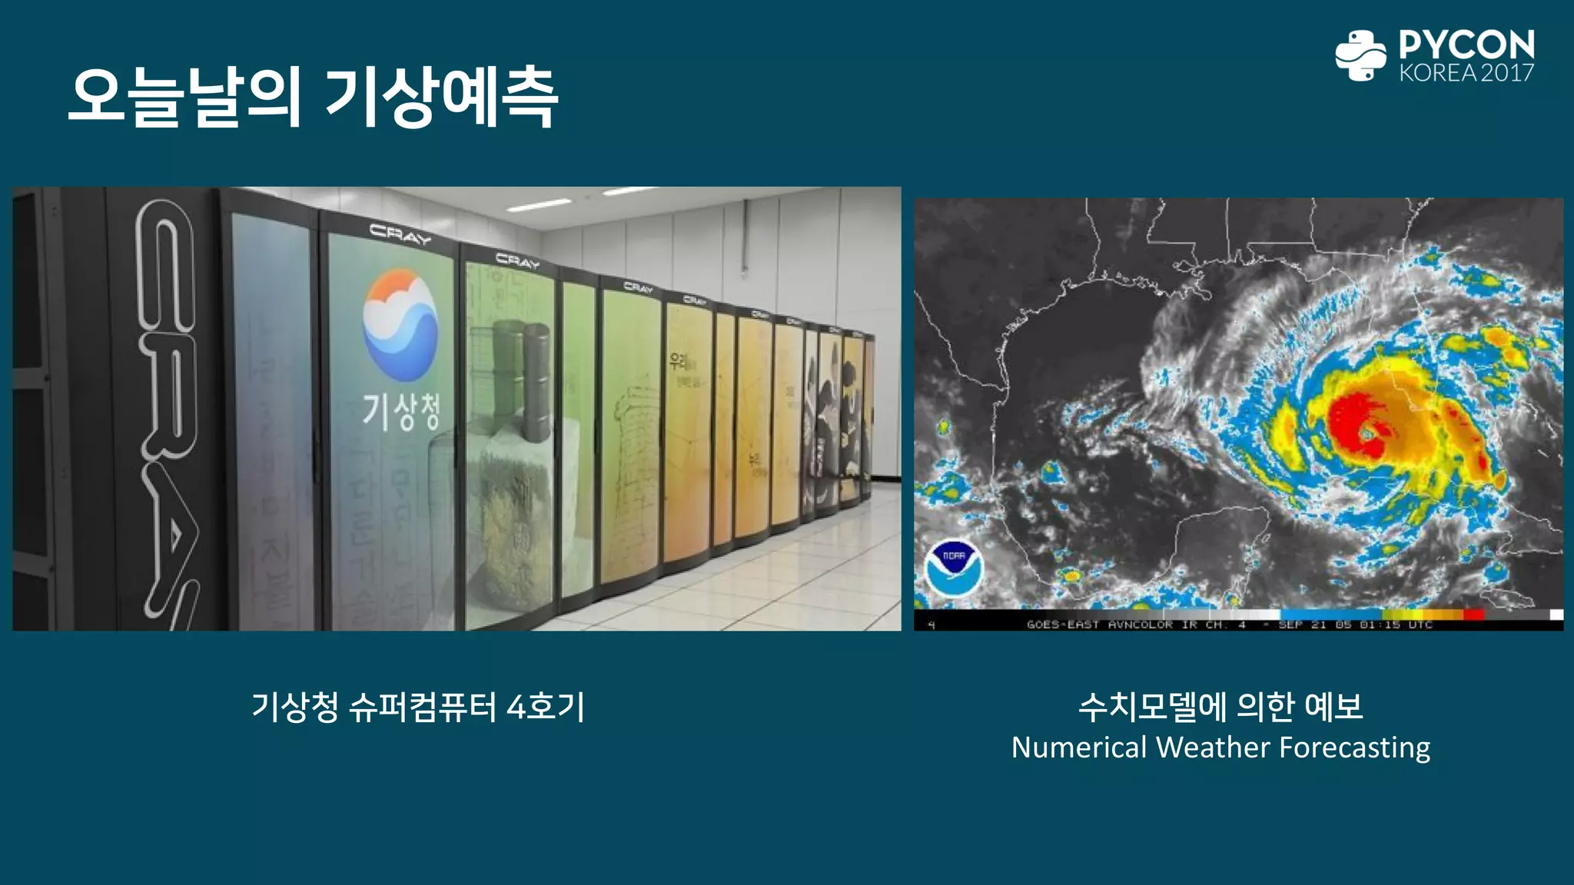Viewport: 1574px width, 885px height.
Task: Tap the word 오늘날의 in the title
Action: [184, 98]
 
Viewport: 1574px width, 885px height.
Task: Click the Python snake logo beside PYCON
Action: [1360, 55]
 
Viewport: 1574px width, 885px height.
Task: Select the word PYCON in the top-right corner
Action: [1466, 45]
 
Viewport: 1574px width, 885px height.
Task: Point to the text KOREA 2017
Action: [1466, 73]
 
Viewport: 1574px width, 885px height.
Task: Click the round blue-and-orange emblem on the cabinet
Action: [400, 325]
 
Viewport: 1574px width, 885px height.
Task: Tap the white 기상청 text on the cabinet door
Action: [401, 411]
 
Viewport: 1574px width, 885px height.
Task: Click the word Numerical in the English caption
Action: [1078, 747]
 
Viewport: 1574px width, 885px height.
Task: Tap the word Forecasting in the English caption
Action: [1355, 747]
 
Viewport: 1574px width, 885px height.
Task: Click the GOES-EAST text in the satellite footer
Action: [1062, 625]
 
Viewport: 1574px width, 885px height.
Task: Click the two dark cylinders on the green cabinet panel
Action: [522, 380]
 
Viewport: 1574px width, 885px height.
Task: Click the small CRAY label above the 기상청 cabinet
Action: [400, 234]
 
